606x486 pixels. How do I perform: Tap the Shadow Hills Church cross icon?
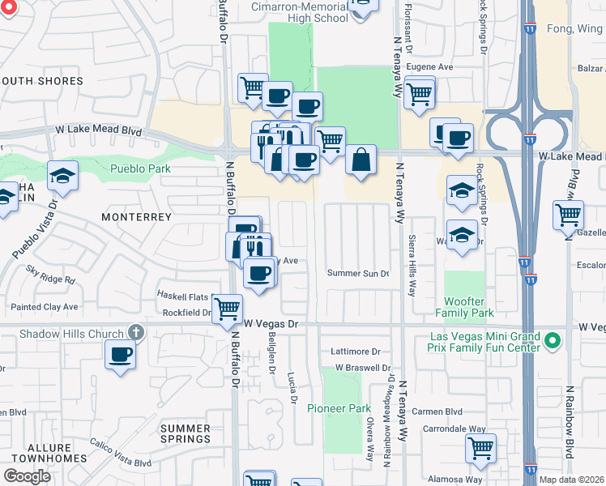[x=135, y=333]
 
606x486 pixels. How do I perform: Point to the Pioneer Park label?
[x=339, y=408]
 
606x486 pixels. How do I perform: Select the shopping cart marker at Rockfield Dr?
[x=228, y=308]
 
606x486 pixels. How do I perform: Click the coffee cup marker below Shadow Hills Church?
[x=120, y=354]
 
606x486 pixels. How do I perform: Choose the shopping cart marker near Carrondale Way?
[x=480, y=448]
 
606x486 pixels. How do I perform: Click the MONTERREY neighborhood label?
[x=137, y=217]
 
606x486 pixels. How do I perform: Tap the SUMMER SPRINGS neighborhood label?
[x=186, y=433]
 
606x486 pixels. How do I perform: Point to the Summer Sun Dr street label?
[x=358, y=274]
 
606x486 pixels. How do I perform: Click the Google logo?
[x=28, y=476]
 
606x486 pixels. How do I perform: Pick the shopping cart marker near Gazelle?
[x=568, y=215]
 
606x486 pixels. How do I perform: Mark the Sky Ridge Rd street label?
[x=50, y=275]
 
